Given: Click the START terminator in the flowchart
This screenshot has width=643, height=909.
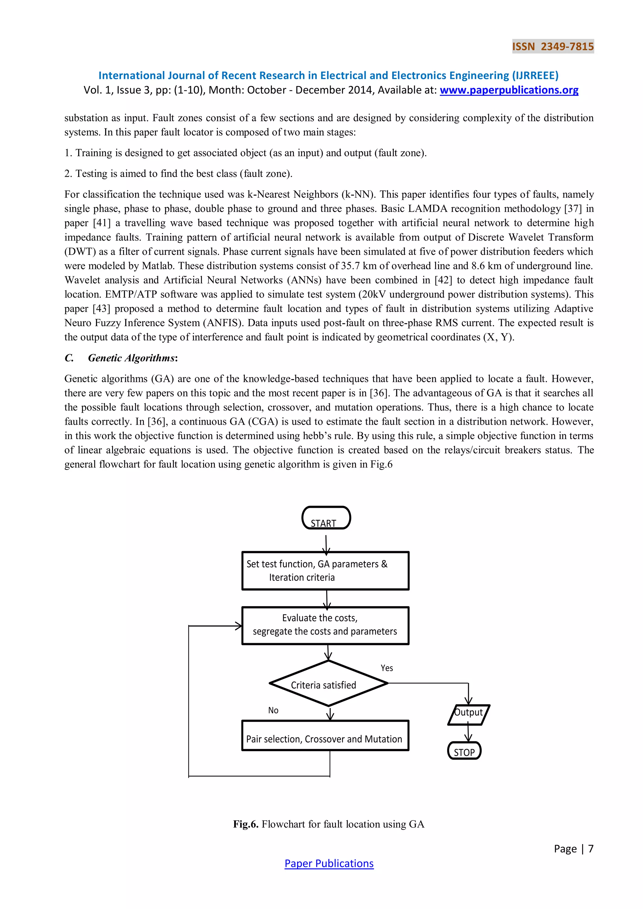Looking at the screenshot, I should (x=326, y=518).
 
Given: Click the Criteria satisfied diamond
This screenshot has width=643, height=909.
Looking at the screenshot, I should (x=328, y=684).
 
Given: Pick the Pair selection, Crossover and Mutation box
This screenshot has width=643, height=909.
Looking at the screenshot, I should (x=325, y=736).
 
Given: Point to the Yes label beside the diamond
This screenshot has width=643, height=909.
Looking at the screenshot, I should (x=387, y=668).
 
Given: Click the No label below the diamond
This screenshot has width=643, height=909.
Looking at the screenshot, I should (x=273, y=711).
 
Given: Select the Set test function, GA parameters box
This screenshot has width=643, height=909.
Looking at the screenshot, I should (x=325, y=571).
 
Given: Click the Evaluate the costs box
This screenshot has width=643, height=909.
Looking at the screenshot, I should (x=325, y=626).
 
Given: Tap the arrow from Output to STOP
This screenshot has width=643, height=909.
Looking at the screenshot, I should (x=468, y=733).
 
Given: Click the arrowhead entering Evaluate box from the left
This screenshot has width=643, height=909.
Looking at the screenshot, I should (x=238, y=626).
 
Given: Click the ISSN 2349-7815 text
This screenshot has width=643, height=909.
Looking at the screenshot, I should (x=553, y=46).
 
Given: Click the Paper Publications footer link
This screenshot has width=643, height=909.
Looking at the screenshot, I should (x=329, y=863).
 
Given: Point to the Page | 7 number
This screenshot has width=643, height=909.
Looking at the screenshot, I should (x=573, y=849).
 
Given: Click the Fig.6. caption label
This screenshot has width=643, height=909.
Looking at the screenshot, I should (x=246, y=824).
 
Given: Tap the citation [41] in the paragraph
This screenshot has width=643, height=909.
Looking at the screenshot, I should (x=102, y=223).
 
